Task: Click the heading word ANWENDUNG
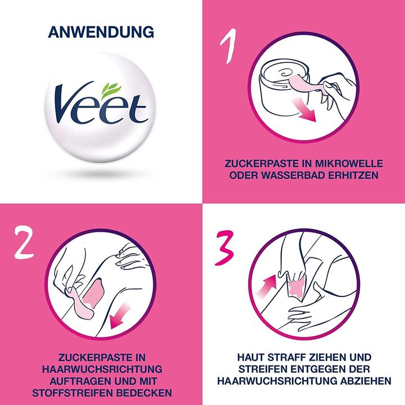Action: click(x=101, y=32)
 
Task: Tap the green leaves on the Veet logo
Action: click(x=111, y=91)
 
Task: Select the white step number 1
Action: click(x=228, y=46)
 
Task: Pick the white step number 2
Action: click(x=24, y=242)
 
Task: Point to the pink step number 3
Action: click(x=224, y=248)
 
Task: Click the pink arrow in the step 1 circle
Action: click(x=304, y=110)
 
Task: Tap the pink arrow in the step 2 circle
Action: click(x=120, y=316)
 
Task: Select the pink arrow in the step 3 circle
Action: click(x=267, y=286)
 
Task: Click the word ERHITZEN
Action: click(x=353, y=175)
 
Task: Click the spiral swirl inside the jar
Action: click(x=287, y=73)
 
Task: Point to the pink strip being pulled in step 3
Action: click(x=296, y=287)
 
